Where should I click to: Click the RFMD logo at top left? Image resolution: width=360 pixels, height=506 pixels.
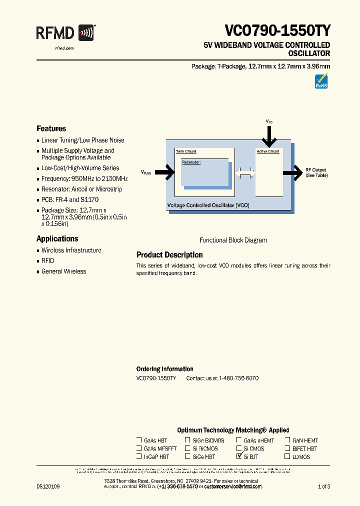pyautogui.click(x=65, y=34)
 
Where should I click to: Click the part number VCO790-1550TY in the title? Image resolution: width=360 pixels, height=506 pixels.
pyautogui.click(x=277, y=31)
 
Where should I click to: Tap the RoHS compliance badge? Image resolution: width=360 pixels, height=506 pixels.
pyautogui.click(x=321, y=81)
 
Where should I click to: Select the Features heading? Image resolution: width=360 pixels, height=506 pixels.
pyautogui.click(x=51, y=128)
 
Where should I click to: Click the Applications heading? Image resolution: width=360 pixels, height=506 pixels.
pyautogui.click(x=57, y=239)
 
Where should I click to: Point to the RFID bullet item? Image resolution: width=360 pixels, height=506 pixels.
pyautogui.click(x=48, y=261)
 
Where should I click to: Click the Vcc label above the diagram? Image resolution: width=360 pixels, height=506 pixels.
pyautogui.click(x=269, y=121)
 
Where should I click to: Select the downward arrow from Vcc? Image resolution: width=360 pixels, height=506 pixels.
pyautogui.click(x=269, y=136)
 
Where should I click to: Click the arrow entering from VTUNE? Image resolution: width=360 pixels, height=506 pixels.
pyautogui.click(x=164, y=172)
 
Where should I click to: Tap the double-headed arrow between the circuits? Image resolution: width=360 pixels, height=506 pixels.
pyautogui.click(x=245, y=173)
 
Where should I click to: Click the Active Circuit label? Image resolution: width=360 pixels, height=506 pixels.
pyautogui.click(x=268, y=151)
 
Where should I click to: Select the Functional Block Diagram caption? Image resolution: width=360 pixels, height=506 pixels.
pyautogui.click(x=233, y=240)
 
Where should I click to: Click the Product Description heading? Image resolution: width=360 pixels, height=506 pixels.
pyautogui.click(x=169, y=255)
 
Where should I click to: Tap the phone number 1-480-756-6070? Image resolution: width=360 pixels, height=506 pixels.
pyautogui.click(x=238, y=378)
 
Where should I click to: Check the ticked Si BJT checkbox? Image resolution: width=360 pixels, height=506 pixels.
pyautogui.click(x=239, y=456)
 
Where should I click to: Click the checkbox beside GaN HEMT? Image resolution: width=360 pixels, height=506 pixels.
pyautogui.click(x=287, y=440)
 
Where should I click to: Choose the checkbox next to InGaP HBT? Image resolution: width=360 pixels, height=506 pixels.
pyautogui.click(x=139, y=456)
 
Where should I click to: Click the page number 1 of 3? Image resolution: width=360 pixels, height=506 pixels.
pyautogui.click(x=324, y=486)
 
